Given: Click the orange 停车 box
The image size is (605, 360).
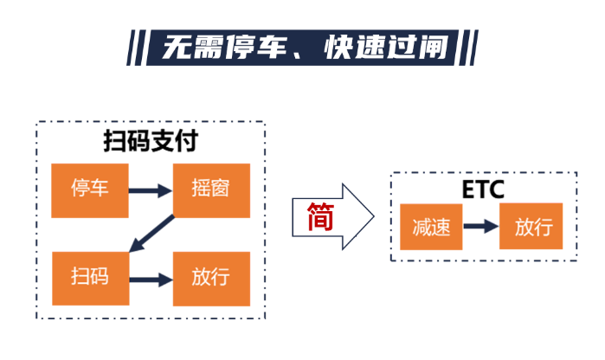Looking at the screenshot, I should [90, 189].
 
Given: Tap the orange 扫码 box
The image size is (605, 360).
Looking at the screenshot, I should [90, 278].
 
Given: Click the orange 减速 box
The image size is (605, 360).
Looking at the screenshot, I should [431, 228].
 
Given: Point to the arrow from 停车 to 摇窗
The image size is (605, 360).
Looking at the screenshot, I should [151, 190].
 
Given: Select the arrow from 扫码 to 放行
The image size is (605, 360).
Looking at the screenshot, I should [151, 279].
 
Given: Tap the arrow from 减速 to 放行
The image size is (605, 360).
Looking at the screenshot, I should [481, 228].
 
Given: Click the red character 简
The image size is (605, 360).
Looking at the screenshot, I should [320, 217].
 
